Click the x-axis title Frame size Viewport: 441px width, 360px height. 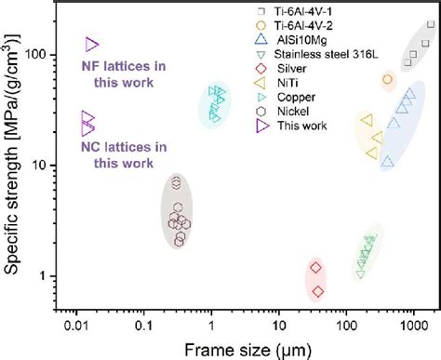pyautogui.click(x=247, y=347)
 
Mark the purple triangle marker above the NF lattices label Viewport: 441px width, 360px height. pyautogui.click(x=91, y=44)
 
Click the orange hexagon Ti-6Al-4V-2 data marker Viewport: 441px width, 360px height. pyautogui.click(x=388, y=80)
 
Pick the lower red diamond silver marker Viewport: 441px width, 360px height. pyautogui.click(x=317, y=291)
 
